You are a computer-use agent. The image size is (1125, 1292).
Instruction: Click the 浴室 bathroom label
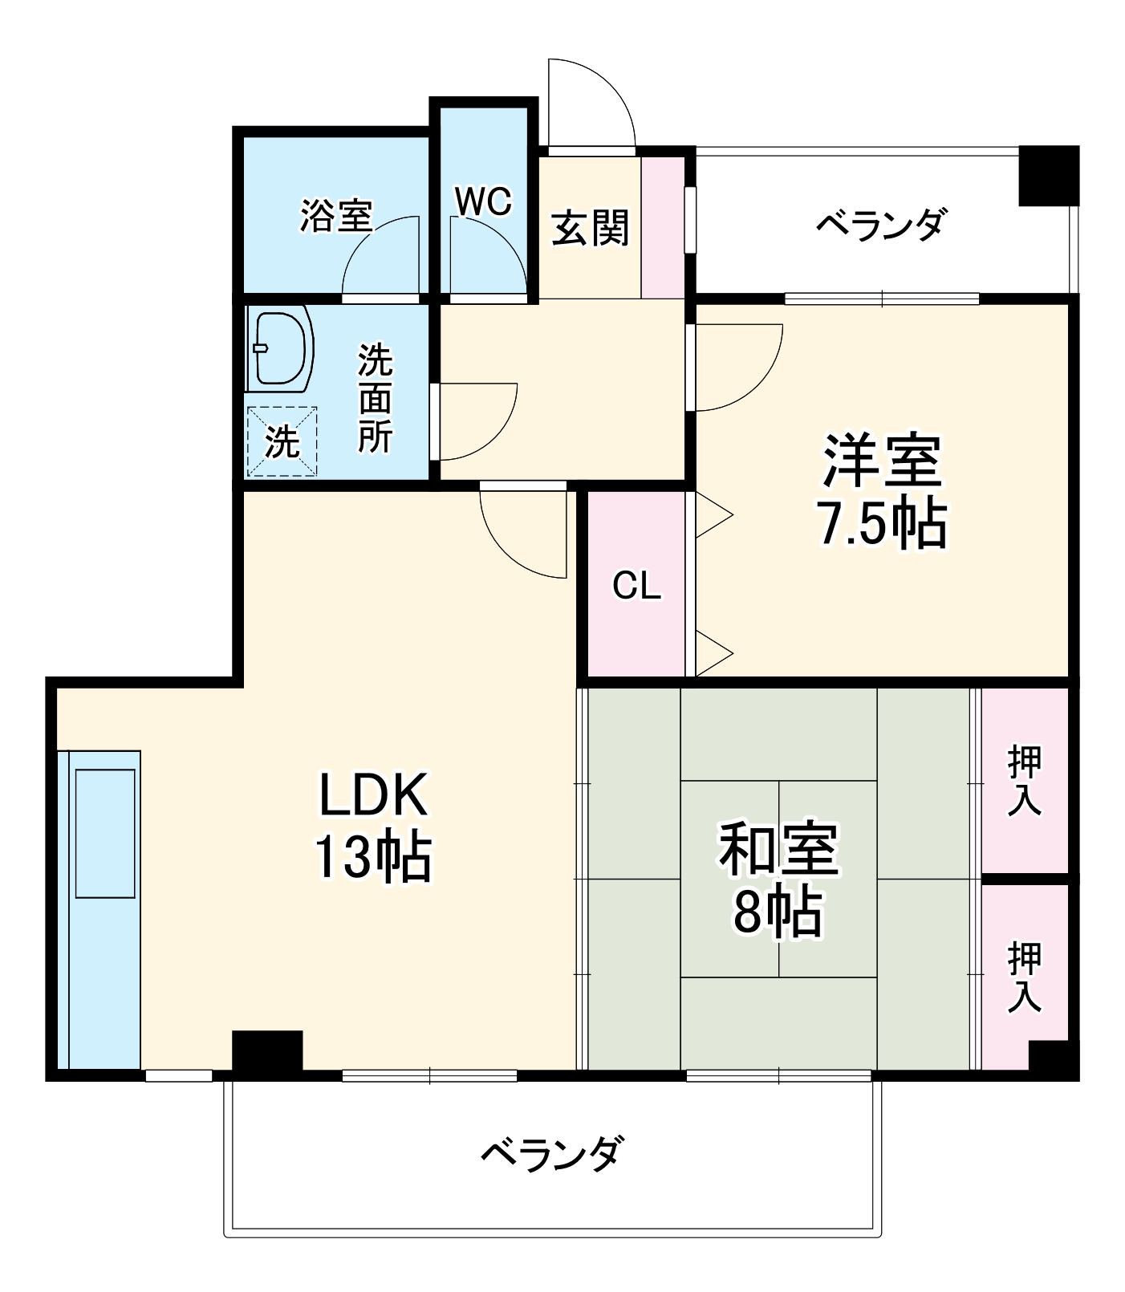[336, 215]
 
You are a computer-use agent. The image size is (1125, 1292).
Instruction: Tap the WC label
[483, 201]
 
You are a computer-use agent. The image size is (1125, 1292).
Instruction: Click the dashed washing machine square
[282, 441]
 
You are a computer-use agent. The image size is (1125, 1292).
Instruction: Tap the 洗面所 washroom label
[375, 398]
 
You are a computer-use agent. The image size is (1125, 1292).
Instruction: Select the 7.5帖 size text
[882, 525]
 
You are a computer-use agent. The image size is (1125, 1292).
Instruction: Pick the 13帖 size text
[372, 857]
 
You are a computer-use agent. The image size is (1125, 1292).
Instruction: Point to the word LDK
[372, 795]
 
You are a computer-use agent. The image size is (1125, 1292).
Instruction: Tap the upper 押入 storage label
[1025, 780]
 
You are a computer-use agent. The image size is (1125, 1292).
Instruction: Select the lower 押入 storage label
[1025, 977]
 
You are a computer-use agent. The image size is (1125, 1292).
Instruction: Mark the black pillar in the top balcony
[1048, 174]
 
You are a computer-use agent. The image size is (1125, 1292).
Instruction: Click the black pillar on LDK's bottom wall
[267, 1051]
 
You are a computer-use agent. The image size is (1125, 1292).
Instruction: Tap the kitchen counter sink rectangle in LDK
[105, 833]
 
